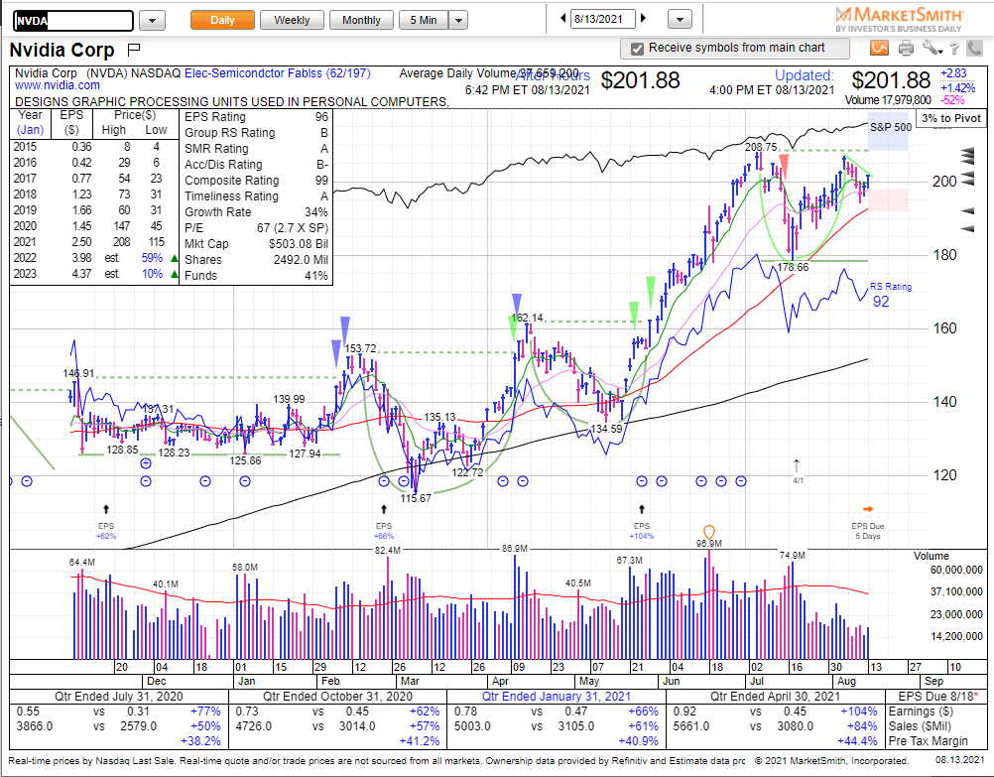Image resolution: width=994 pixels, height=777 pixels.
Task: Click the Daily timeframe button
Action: pyautogui.click(x=222, y=20)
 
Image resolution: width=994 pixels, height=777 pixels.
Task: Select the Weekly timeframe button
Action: pyautogui.click(x=292, y=20)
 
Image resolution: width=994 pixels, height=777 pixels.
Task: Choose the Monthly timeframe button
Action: pyautogui.click(x=361, y=20)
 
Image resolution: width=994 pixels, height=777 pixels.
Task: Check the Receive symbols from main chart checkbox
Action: pyautogui.click(x=639, y=48)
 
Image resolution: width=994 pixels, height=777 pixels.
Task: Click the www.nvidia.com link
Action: pyautogui.click(x=49, y=86)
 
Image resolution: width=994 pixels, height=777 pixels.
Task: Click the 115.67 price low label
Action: pyautogui.click(x=415, y=498)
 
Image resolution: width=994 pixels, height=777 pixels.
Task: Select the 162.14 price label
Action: pyautogui.click(x=527, y=318)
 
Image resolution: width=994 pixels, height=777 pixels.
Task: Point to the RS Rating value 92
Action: pyautogui.click(x=881, y=302)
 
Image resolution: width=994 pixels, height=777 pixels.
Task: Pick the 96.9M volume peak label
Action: pyautogui.click(x=708, y=543)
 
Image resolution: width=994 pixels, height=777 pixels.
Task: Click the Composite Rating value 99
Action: pyautogui.click(x=320, y=181)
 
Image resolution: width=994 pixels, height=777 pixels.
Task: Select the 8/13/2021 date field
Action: pyautogui.click(x=603, y=18)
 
